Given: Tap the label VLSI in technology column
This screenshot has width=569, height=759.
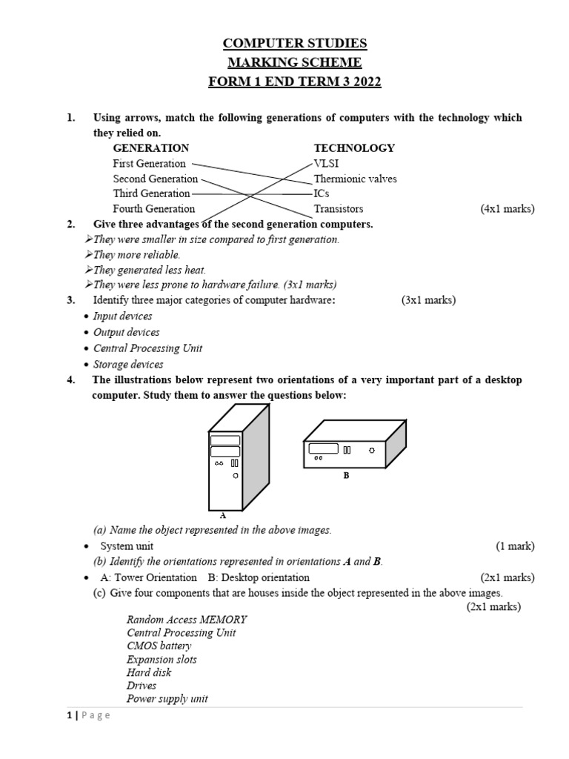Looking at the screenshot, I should click(327, 164).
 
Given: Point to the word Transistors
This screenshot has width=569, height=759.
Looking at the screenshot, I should click(339, 209).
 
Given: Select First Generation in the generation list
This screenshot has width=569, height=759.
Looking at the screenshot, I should click(149, 164).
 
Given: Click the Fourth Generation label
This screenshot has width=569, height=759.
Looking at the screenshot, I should click(154, 209).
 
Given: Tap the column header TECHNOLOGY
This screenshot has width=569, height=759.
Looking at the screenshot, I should click(354, 148).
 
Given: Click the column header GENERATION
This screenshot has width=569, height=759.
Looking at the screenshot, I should click(151, 148).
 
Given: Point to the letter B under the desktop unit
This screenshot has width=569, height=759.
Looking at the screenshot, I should click(345, 476).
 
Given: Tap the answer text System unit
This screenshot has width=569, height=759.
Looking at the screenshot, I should click(127, 546).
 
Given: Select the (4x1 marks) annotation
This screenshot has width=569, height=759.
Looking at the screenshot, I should click(508, 209).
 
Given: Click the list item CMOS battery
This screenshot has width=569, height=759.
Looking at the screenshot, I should click(159, 646).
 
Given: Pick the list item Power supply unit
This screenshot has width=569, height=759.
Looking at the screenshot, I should click(167, 699).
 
